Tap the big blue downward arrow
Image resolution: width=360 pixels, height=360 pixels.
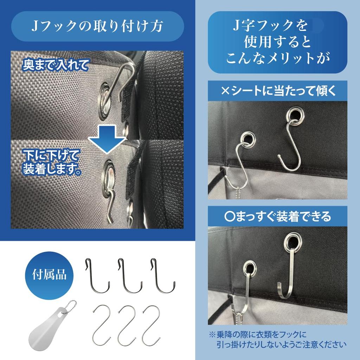(x=107, y=140)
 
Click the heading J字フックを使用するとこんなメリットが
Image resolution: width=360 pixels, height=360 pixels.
(x=277, y=42)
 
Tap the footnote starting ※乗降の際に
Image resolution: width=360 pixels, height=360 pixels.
(x=277, y=339)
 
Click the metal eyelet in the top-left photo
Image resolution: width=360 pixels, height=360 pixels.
(x=105, y=100)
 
